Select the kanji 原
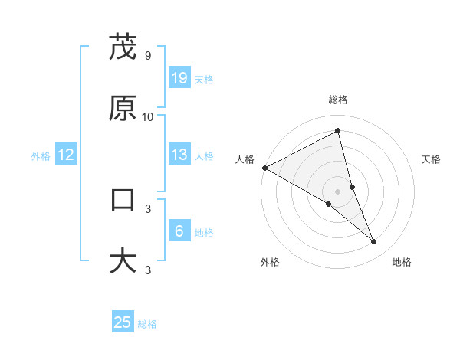[x=123, y=108]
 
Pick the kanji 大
[x=123, y=260]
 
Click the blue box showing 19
[x=179, y=78]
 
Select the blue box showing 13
[x=179, y=155]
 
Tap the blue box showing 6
[x=179, y=231]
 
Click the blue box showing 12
[x=66, y=155]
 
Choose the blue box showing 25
[x=123, y=322]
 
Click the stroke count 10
[x=147, y=117]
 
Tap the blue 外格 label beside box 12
[x=41, y=155]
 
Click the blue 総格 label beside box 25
[x=147, y=324]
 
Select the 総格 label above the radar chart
[x=338, y=100]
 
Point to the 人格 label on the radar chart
[x=245, y=159]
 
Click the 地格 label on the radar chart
[x=402, y=262]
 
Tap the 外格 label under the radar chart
[x=270, y=262]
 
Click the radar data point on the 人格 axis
[x=264, y=168]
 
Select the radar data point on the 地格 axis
[x=374, y=241]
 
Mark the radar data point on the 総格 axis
[x=338, y=131]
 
